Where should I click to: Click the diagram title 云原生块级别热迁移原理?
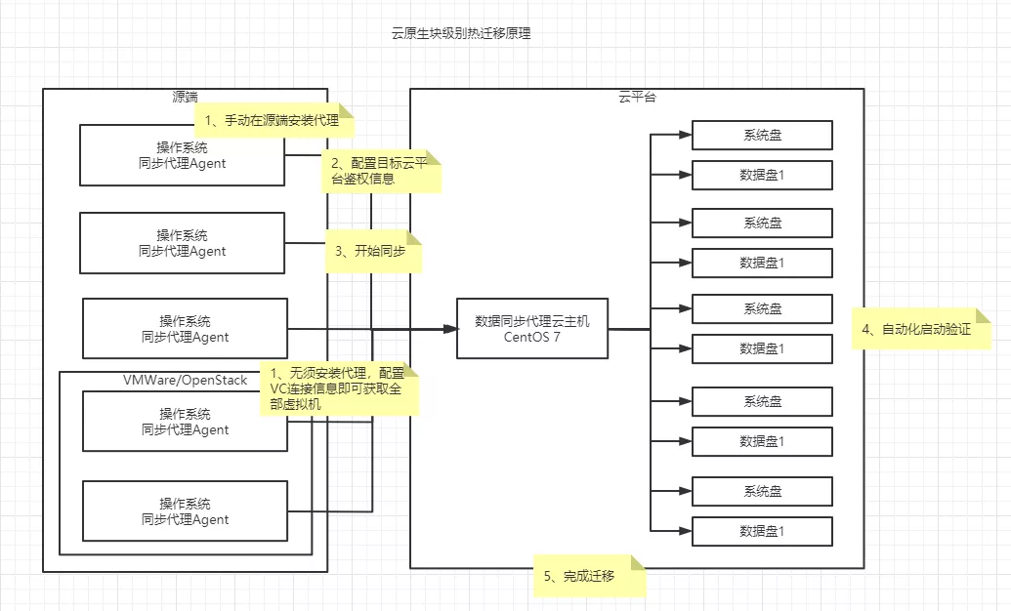pyautogui.click(x=460, y=33)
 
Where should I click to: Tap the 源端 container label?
pyautogui.click(x=185, y=97)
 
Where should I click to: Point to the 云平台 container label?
pyautogui.click(x=637, y=97)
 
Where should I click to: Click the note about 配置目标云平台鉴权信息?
pyautogui.click(x=381, y=172)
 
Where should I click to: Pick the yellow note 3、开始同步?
pyautogui.click(x=371, y=251)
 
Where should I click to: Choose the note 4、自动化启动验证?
pyautogui.click(x=921, y=330)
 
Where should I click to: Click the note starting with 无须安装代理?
pyautogui.click(x=336, y=388)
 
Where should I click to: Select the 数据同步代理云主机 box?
pyautogui.click(x=532, y=320)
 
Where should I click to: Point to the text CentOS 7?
pyautogui.click(x=532, y=338)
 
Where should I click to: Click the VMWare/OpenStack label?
pyautogui.click(x=185, y=380)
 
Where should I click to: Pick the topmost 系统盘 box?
pyautogui.click(x=762, y=136)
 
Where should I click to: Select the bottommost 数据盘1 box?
pyautogui.click(x=762, y=531)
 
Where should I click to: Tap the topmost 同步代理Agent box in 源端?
pyautogui.click(x=183, y=155)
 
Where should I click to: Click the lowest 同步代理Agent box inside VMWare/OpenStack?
pyautogui.click(x=185, y=511)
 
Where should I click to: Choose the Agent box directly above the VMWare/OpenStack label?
pyautogui.click(x=185, y=329)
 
